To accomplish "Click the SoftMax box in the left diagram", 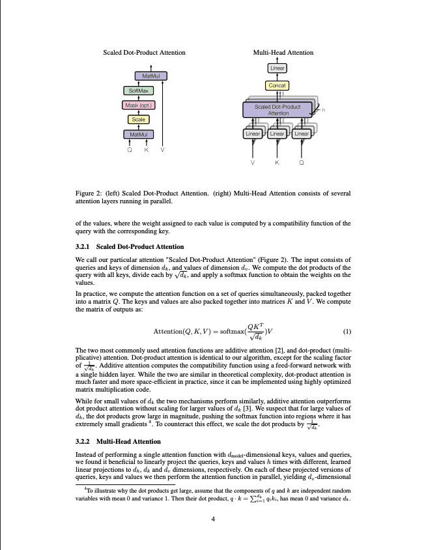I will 137,91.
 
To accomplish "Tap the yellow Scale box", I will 139,119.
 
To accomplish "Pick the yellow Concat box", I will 277,85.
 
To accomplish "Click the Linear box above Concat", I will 277,68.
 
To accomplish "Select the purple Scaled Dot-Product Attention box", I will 277,109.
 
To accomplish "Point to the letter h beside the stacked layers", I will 323,110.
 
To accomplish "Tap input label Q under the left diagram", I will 129,149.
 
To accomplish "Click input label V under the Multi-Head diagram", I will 253,162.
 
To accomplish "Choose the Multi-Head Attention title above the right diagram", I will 283,53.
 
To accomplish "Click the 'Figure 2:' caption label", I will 89,194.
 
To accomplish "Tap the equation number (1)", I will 347,331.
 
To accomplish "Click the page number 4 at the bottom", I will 213,519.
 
